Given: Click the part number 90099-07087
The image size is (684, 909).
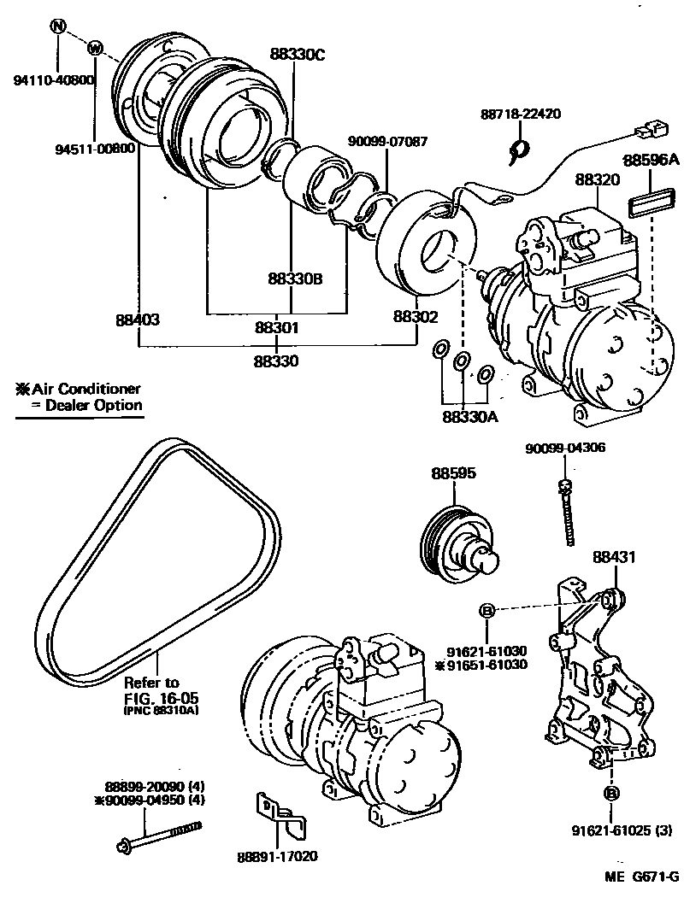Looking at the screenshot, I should pos(387,141).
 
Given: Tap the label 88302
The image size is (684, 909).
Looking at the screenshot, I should pos(416,317).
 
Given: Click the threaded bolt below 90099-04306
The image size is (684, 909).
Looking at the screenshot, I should pos(568,516).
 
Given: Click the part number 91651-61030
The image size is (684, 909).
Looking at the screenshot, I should pos(484,665).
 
